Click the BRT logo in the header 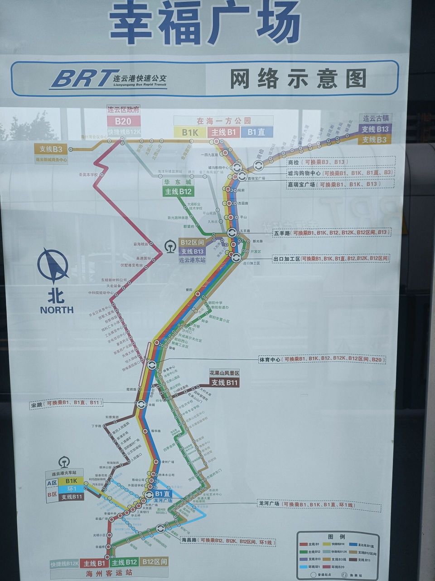point(81,78)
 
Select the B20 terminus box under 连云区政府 point(123,121)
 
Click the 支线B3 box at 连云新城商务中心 point(51,149)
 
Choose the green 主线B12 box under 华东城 point(179,192)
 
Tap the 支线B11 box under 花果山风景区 point(224,383)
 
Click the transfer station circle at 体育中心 point(151,364)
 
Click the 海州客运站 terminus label point(109,573)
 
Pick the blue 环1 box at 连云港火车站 point(71,489)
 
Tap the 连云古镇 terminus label point(376,118)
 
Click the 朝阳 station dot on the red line point(198,294)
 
